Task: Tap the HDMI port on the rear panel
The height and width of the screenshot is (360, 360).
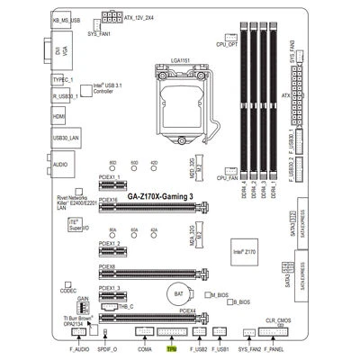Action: point(58,117)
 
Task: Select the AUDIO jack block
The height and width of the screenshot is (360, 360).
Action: point(61,166)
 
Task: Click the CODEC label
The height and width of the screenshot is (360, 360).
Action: point(68,291)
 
